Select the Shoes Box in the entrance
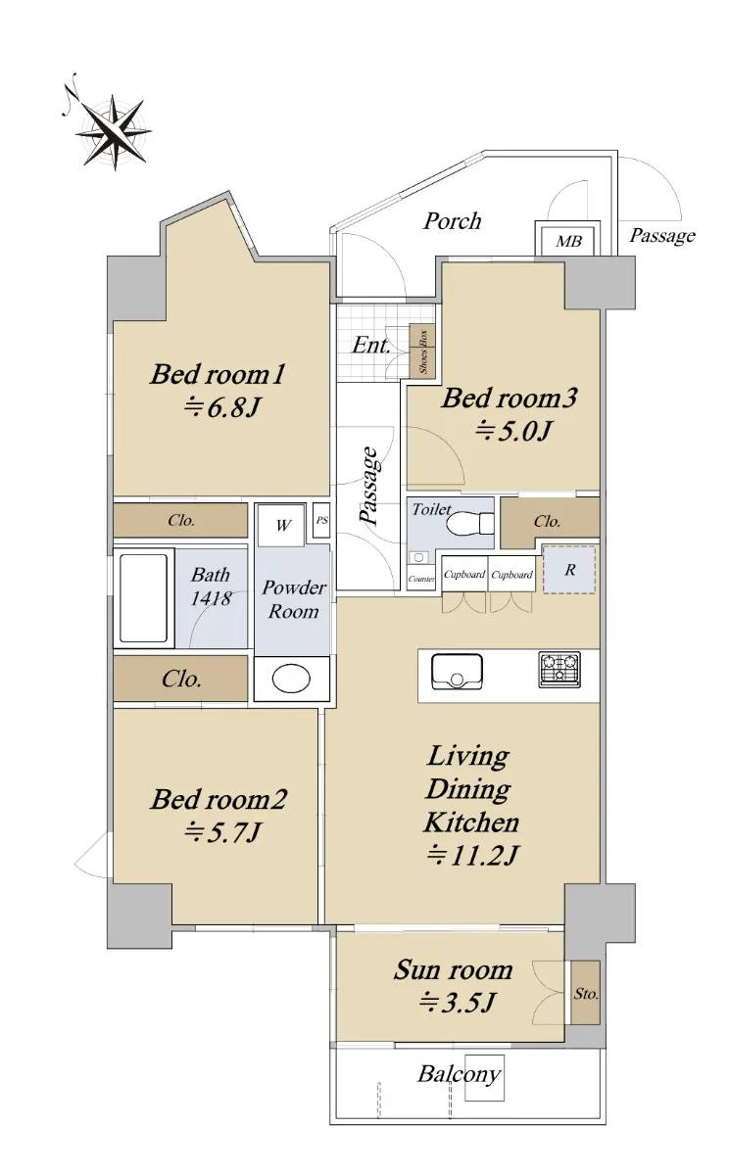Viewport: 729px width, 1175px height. point(422,351)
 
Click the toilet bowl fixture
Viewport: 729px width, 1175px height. point(470,523)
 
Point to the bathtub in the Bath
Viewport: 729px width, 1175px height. point(143,598)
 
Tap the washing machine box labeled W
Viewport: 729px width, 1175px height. point(282,525)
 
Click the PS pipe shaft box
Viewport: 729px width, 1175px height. point(321,520)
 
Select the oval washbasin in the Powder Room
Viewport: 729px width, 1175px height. point(291,680)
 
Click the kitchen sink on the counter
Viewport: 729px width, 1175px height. point(457,672)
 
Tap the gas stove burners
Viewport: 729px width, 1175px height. point(559,670)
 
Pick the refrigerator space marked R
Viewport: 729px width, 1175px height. point(569,570)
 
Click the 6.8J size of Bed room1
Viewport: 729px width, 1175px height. point(222,407)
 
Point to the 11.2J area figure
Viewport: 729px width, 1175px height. point(472,856)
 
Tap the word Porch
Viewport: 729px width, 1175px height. point(452,221)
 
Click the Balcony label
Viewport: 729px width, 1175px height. point(460,1074)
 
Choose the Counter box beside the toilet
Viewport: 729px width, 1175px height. point(421,579)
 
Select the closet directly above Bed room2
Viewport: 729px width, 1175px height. point(180,679)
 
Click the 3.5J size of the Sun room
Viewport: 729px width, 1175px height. point(457,1003)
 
